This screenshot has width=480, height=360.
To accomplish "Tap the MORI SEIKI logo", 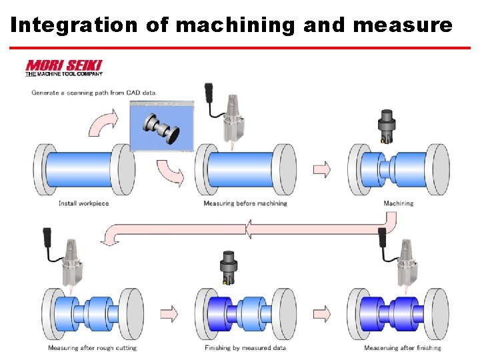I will [63, 68].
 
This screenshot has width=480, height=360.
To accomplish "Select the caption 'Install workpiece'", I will [83, 203].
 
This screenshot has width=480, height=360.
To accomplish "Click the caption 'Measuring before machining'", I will [245, 203].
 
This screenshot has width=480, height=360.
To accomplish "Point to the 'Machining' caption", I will [398, 203].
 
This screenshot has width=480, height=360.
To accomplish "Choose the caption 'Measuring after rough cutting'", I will [92, 347].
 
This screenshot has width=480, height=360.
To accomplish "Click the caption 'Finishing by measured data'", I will [246, 347].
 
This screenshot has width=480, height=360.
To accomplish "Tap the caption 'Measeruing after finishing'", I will [402, 347].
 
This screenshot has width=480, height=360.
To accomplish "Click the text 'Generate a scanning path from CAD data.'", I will [94, 93].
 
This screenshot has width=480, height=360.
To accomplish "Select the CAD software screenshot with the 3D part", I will [161, 126].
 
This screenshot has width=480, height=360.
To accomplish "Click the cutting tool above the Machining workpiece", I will [386, 127].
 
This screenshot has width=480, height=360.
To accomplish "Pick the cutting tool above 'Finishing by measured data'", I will [228, 270].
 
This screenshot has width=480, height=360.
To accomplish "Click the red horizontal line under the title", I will [240, 48].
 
